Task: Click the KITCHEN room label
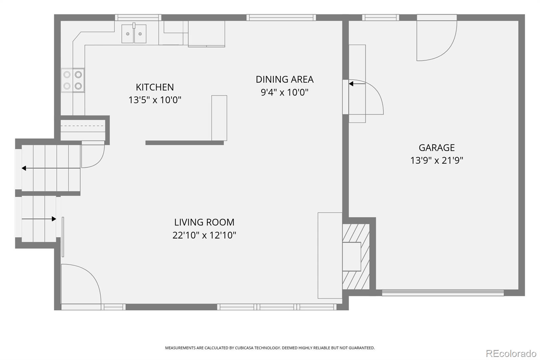click(x=155, y=87)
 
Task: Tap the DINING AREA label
click(x=285, y=79)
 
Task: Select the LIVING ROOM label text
click(x=204, y=222)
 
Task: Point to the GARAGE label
click(x=437, y=148)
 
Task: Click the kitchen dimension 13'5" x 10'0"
click(x=155, y=100)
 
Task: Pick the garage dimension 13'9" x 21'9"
click(x=437, y=160)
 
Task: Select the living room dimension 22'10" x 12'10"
click(x=204, y=235)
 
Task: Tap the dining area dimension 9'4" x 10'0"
click(x=285, y=92)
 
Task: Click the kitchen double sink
click(x=134, y=33)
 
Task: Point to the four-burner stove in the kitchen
click(x=73, y=80)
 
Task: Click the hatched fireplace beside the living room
click(x=356, y=256)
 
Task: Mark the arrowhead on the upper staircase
click(x=24, y=168)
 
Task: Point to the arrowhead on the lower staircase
click(x=54, y=219)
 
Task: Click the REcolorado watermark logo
click(x=511, y=354)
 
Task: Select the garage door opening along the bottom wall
click(x=443, y=293)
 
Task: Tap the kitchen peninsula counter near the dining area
click(x=219, y=118)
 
